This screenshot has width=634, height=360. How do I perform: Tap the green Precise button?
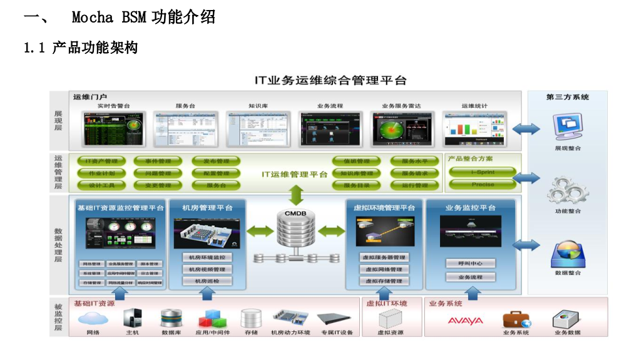pyautogui.click(x=483, y=185)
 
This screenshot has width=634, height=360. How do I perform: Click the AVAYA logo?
pyautogui.click(x=465, y=321)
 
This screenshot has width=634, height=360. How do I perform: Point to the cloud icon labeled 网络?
pyautogui.click(x=93, y=319)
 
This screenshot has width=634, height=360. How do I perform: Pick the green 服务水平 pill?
pyautogui.click(x=411, y=162)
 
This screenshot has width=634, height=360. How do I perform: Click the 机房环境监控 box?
pyautogui.click(x=207, y=257)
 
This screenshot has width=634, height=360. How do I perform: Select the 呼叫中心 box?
pyautogui.click(x=471, y=264)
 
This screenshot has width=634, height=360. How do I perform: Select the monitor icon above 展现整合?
pyautogui.click(x=568, y=128)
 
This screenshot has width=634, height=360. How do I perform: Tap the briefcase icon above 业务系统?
pyautogui.click(x=516, y=319)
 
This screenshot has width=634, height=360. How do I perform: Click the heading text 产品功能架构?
pyautogui.click(x=95, y=48)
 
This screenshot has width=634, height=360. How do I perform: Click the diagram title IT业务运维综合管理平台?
pyautogui.click(x=330, y=81)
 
